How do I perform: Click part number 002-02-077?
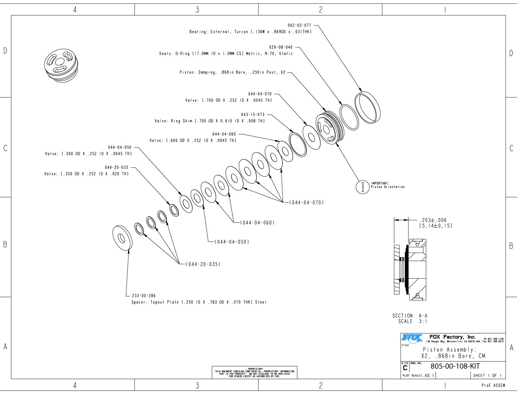click(x=299, y=25)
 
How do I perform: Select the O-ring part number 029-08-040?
click(x=281, y=47)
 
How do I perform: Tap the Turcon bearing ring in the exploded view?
click(x=368, y=108)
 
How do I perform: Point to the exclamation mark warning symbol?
click(x=363, y=187)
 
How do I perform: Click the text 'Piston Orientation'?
click(x=387, y=187)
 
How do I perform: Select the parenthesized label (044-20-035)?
click(x=203, y=264)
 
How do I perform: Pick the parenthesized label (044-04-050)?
click(x=232, y=242)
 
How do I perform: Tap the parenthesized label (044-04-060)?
click(x=257, y=223)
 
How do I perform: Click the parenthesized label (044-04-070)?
click(x=306, y=202)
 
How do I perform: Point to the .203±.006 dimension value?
click(x=432, y=220)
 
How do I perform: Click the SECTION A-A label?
click(x=410, y=316)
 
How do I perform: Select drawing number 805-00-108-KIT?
click(x=455, y=366)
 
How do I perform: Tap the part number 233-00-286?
click(x=144, y=296)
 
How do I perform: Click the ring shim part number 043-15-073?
click(x=253, y=114)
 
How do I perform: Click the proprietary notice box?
click(x=254, y=372)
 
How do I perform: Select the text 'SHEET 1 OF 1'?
click(x=487, y=376)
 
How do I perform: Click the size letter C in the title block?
click(x=405, y=368)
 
